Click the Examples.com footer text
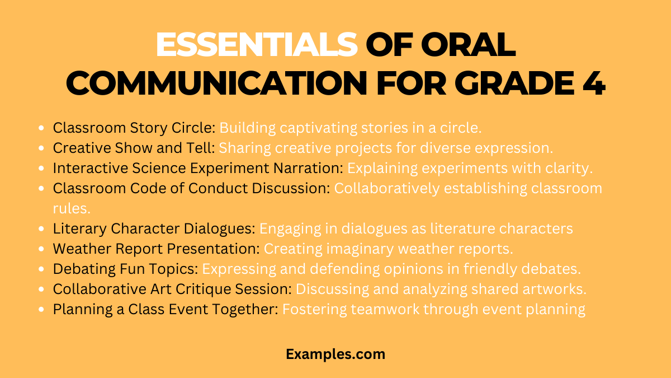[x=335, y=354]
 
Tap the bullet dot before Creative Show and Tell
[x=41, y=148]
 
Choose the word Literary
[x=77, y=228]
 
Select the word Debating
[x=78, y=269]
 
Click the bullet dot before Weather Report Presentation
[x=41, y=249]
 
